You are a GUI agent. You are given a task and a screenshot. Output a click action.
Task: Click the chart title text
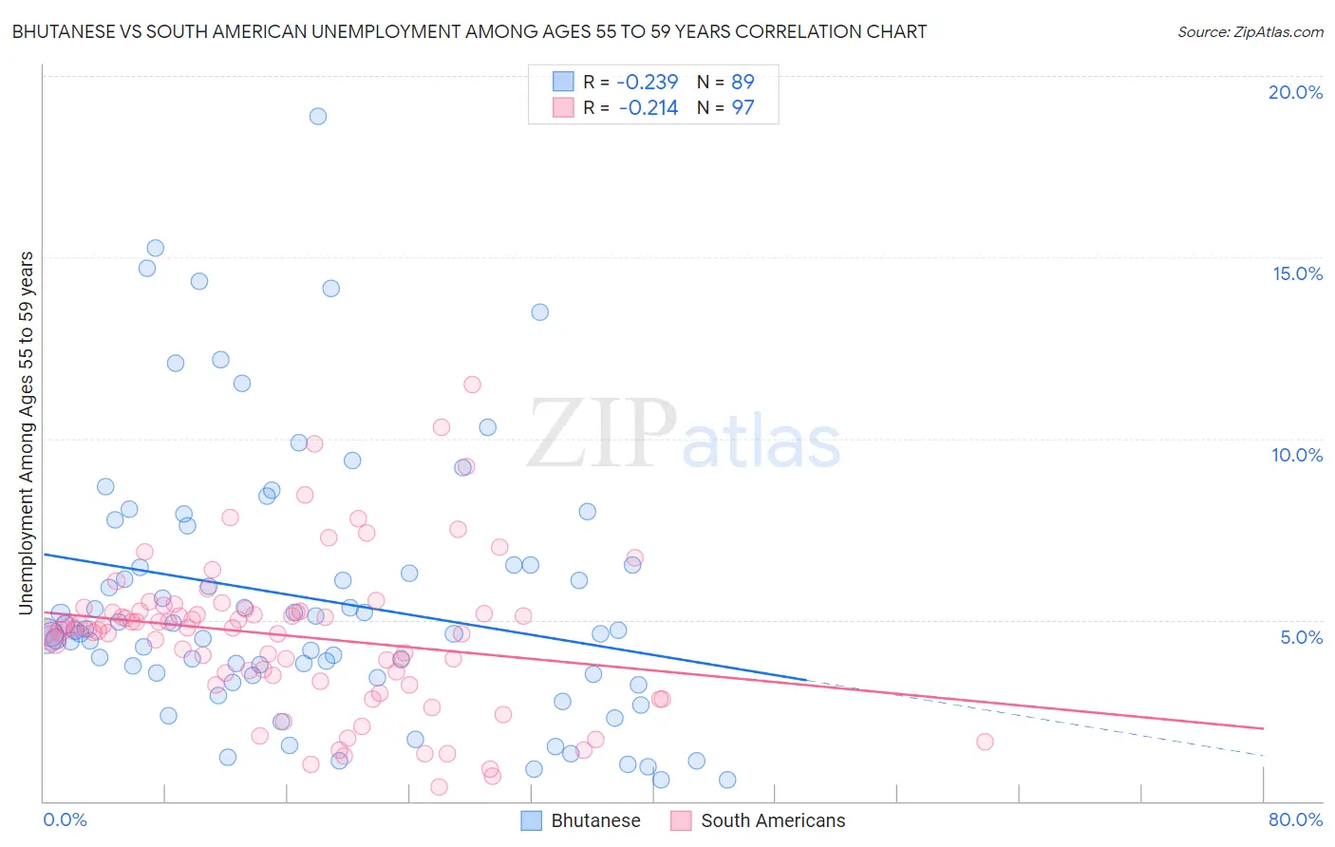(469, 31)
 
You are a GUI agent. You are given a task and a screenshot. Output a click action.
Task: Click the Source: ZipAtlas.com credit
(1250, 31)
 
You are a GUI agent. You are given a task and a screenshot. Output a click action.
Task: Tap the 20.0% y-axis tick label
(1295, 92)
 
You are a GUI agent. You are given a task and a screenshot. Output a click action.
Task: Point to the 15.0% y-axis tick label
(1297, 273)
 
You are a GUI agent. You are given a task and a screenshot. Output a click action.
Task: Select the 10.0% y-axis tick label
(1296, 455)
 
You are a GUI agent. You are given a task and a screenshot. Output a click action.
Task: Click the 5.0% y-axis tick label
(1301, 637)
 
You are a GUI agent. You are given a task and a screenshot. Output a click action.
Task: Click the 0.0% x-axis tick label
(65, 819)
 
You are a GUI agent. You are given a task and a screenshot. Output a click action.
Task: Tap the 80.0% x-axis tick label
(1295, 819)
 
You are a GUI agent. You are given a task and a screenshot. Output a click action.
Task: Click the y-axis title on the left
(26, 432)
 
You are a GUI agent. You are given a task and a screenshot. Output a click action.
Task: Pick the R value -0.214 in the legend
(649, 108)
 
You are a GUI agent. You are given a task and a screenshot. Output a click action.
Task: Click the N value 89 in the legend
(743, 83)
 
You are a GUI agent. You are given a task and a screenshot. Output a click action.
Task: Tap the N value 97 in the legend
(743, 108)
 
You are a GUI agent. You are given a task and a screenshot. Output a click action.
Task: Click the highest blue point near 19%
(318, 116)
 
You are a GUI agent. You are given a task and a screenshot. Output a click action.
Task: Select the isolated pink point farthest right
(985, 742)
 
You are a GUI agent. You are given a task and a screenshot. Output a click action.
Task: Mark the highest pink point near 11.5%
(472, 385)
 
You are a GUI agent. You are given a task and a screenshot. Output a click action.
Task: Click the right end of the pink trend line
(1263, 728)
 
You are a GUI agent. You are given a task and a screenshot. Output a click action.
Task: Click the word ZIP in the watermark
(602, 435)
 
